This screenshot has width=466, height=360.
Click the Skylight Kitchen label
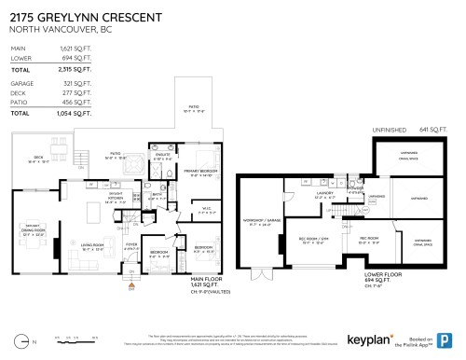(x=116, y=198)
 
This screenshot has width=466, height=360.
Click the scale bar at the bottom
(x=68, y=337)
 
